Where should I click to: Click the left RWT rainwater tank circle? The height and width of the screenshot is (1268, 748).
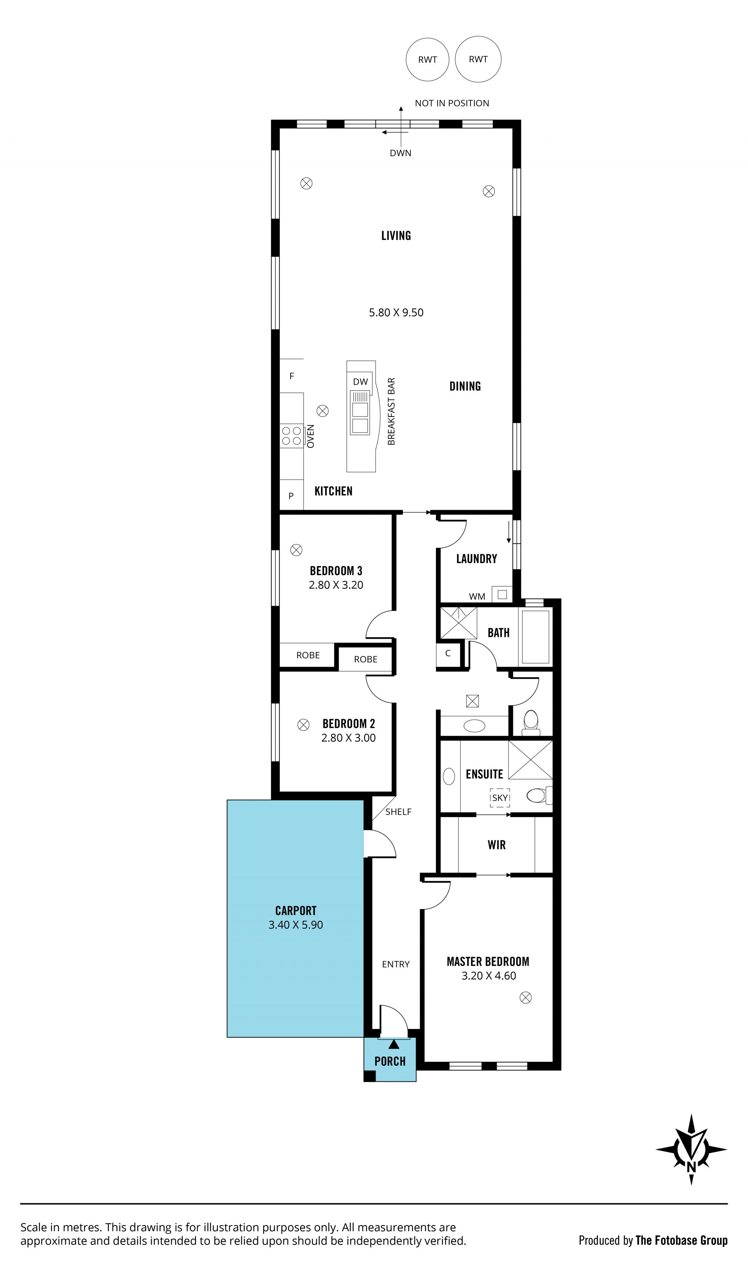[x=427, y=60]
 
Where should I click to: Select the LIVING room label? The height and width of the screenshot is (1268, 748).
[x=396, y=235]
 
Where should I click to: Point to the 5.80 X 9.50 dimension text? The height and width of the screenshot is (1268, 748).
[x=396, y=313]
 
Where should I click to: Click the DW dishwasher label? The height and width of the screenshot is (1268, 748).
[x=360, y=381]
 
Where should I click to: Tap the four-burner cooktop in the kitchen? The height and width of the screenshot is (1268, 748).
[x=291, y=436]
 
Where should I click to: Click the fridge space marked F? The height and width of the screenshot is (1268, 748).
[x=291, y=376]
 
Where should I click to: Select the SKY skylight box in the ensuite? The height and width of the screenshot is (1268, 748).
[x=500, y=798]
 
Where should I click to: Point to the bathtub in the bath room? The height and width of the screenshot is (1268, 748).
[x=535, y=637]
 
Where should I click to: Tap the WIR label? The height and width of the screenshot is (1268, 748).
[x=496, y=844]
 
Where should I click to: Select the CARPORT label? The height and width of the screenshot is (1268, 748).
[x=296, y=911]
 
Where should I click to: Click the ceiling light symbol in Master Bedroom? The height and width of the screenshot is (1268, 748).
[x=526, y=997]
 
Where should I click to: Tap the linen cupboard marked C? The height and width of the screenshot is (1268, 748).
[x=448, y=654]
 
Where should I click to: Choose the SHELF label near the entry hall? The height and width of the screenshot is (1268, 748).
[x=398, y=812]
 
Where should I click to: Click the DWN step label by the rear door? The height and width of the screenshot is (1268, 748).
[x=401, y=153]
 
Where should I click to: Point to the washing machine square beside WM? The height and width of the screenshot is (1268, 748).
[x=502, y=594]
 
